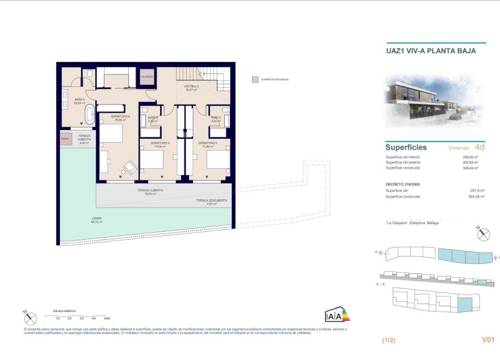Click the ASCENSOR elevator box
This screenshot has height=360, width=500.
pyautogui.click(x=146, y=76)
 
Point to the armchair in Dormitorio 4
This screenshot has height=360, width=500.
pyautogui.click(x=131, y=167)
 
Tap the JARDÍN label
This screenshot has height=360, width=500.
pyautogui.click(x=97, y=220)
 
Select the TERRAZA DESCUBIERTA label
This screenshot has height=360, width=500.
pyautogui.click(x=211, y=202)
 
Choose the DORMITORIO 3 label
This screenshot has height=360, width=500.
pyautogui.click(x=160, y=144)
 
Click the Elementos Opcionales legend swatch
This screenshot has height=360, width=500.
pyautogui.click(x=255, y=79)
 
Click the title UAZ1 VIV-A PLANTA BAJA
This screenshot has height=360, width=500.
pyautogui.click(x=431, y=50)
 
